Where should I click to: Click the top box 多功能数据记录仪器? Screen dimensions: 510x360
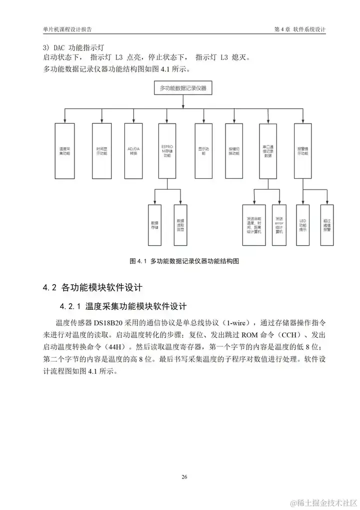(183, 88)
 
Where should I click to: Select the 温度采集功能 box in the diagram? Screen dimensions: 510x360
(64, 151)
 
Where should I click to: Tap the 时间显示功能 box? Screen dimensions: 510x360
(101, 151)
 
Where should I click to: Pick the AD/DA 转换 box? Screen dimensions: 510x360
(132, 151)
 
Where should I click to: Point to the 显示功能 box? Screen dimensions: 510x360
(202, 151)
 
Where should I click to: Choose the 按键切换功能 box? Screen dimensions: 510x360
(233, 151)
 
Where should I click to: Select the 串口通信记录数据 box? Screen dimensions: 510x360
(268, 151)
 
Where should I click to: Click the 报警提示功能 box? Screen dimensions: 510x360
(302, 151)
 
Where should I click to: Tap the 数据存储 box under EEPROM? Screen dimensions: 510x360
(154, 225)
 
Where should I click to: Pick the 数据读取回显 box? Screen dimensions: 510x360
(180, 225)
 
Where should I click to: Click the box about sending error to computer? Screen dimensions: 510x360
(279, 225)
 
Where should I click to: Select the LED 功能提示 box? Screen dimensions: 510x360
(302, 225)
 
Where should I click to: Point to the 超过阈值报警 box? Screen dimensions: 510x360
(327, 225)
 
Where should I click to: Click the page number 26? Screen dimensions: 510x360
(184, 476)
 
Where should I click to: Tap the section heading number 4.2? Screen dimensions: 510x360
(48, 287)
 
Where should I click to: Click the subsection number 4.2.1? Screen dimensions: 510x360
(70, 306)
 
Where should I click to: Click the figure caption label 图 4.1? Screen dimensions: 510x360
(136, 261)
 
